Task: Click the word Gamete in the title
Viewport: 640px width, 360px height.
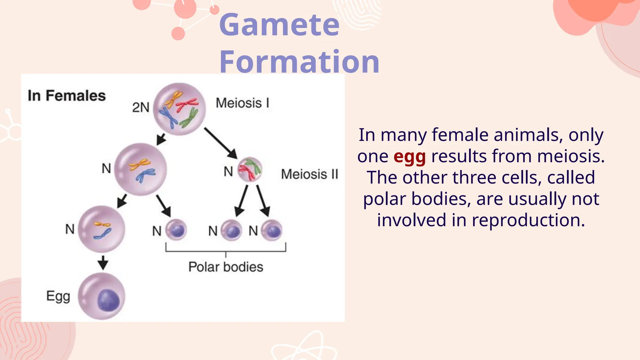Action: tap(279, 25)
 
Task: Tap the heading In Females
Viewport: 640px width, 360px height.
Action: tap(67, 96)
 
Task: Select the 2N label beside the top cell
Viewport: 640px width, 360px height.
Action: tap(141, 107)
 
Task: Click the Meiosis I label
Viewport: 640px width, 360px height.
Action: tap(242, 103)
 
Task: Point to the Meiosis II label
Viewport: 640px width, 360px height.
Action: tap(309, 174)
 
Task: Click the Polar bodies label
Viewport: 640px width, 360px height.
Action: tap(226, 267)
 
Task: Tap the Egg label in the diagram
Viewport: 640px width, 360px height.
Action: tap(58, 296)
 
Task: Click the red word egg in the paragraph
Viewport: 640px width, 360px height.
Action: tap(409, 157)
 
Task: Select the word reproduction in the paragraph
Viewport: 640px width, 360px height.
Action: tap(528, 220)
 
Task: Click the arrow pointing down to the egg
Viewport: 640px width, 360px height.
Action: tap(103, 262)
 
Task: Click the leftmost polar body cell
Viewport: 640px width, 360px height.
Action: tap(176, 230)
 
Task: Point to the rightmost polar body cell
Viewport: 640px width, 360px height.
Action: tap(272, 231)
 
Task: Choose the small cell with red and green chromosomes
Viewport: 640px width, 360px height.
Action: tap(250, 169)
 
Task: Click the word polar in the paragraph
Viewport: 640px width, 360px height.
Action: tap(384, 199)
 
